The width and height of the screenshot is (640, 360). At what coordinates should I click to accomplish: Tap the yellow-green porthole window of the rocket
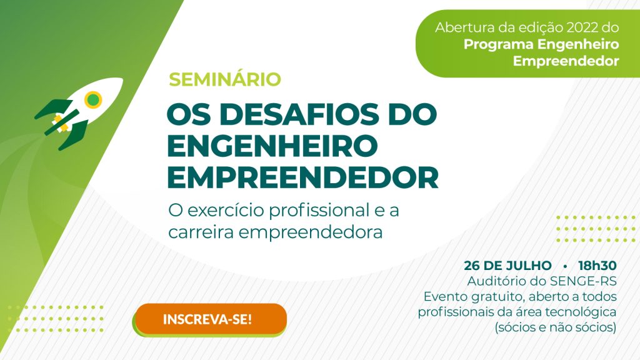click(94, 99)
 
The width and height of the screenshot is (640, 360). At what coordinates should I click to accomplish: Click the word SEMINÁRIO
click(225, 79)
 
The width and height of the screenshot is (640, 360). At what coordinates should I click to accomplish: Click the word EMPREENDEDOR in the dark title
click(303, 177)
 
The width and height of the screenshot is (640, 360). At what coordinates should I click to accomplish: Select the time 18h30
click(597, 265)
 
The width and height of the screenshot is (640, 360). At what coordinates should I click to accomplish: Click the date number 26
click(471, 265)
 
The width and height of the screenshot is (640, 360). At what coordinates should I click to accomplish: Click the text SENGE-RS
click(583, 281)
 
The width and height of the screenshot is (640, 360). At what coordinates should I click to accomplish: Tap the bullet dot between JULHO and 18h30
click(565, 266)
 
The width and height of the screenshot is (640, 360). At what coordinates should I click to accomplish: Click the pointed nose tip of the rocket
click(122, 79)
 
